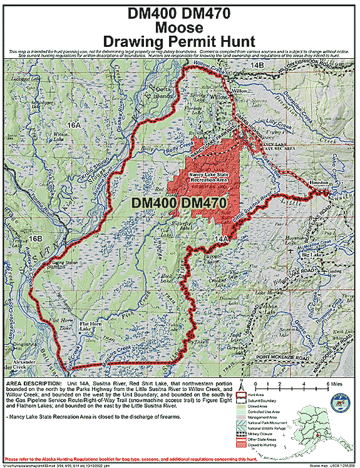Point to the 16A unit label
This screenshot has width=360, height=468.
tap(75, 126)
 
